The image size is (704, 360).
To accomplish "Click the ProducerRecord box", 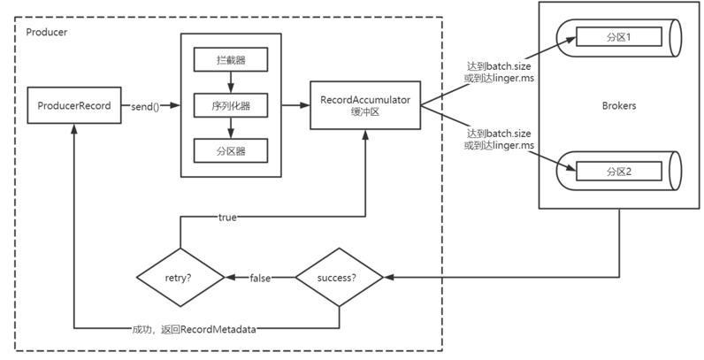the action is [74, 105].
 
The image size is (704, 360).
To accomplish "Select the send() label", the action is [145, 107].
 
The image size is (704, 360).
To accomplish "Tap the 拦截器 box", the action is [231, 59].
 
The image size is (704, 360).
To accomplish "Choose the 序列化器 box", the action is [231, 105].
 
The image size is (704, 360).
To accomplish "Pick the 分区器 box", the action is [231, 151].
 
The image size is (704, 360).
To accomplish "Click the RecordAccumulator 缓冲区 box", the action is [365, 105].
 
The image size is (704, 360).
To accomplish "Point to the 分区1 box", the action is [619, 37].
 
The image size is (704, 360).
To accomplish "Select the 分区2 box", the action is [619, 172].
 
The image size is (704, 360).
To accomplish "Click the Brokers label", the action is [619, 106].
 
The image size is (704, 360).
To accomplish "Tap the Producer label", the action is [47, 33].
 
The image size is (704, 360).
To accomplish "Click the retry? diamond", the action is [180, 278].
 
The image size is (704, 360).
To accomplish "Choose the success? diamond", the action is [339, 278].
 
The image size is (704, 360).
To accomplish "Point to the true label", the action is [227, 218].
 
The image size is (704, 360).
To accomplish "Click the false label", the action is [260, 279].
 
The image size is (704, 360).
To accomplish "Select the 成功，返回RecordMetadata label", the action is [194, 329].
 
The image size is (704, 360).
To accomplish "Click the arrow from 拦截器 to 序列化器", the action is [231, 82].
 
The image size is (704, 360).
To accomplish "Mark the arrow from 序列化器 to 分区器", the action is [231, 128].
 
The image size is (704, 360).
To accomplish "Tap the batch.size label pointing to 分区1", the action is [509, 66].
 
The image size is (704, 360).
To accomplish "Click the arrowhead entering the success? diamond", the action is [388, 278].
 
